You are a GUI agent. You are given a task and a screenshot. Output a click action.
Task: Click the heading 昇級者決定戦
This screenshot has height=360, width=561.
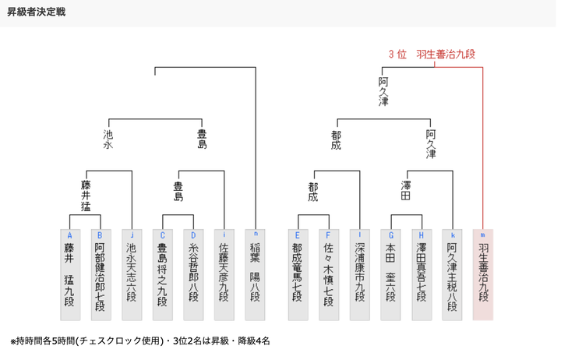tap(37, 12)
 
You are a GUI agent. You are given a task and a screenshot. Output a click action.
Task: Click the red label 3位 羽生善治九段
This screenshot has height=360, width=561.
tap(432, 54)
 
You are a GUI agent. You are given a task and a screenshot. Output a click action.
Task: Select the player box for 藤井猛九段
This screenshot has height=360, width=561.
tap(70, 274)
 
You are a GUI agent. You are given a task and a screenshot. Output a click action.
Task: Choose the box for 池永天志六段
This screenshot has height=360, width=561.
tap(132, 274)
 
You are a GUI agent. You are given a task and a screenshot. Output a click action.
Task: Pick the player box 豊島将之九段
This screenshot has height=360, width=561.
tap(162, 274)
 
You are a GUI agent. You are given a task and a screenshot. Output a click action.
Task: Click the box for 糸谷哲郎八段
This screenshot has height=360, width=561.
tap(193, 274)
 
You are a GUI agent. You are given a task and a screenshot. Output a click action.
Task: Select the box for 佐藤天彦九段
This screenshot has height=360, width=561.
tap(224, 274)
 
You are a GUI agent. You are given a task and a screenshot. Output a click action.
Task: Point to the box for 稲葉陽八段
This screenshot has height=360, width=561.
tap(256, 274)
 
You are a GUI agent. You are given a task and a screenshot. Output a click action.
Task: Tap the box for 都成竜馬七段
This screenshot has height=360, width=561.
tap(298, 274)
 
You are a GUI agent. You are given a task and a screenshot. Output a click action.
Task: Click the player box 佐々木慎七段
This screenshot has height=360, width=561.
tap(329, 274)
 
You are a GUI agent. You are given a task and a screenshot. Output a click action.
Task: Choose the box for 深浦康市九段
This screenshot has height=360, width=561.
tap(359, 274)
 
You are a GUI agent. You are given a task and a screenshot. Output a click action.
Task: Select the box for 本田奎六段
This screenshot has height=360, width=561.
tap(390, 274)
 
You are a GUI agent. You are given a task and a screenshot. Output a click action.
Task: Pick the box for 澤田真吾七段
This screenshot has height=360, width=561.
tap(422, 274)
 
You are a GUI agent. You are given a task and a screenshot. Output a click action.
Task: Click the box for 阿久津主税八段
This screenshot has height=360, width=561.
tap(452, 274)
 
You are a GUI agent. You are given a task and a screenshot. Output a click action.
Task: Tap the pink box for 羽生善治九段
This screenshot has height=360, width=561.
tap(483, 274)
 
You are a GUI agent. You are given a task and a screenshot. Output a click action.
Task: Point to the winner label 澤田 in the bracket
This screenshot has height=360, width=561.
tap(406, 191)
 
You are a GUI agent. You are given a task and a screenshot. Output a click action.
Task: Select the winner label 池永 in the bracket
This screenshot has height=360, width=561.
tap(108, 139)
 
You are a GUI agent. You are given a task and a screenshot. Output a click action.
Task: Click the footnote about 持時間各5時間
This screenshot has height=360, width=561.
tap(139, 341)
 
